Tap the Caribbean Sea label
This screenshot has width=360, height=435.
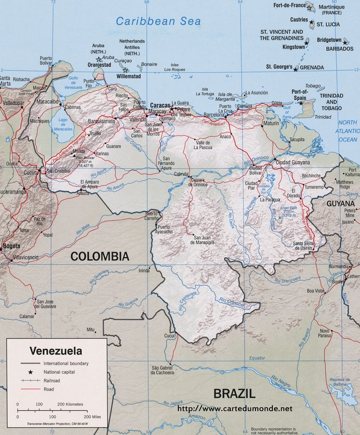[158, 21]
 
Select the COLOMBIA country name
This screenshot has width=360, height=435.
[100, 256]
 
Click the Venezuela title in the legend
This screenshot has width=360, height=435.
[56, 351]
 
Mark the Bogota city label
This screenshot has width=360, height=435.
[12, 246]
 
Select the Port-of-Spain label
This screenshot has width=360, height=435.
[300, 94]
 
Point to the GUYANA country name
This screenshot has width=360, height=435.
[340, 204]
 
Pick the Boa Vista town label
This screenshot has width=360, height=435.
[315, 290]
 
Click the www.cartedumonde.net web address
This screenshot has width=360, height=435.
[235, 408]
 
